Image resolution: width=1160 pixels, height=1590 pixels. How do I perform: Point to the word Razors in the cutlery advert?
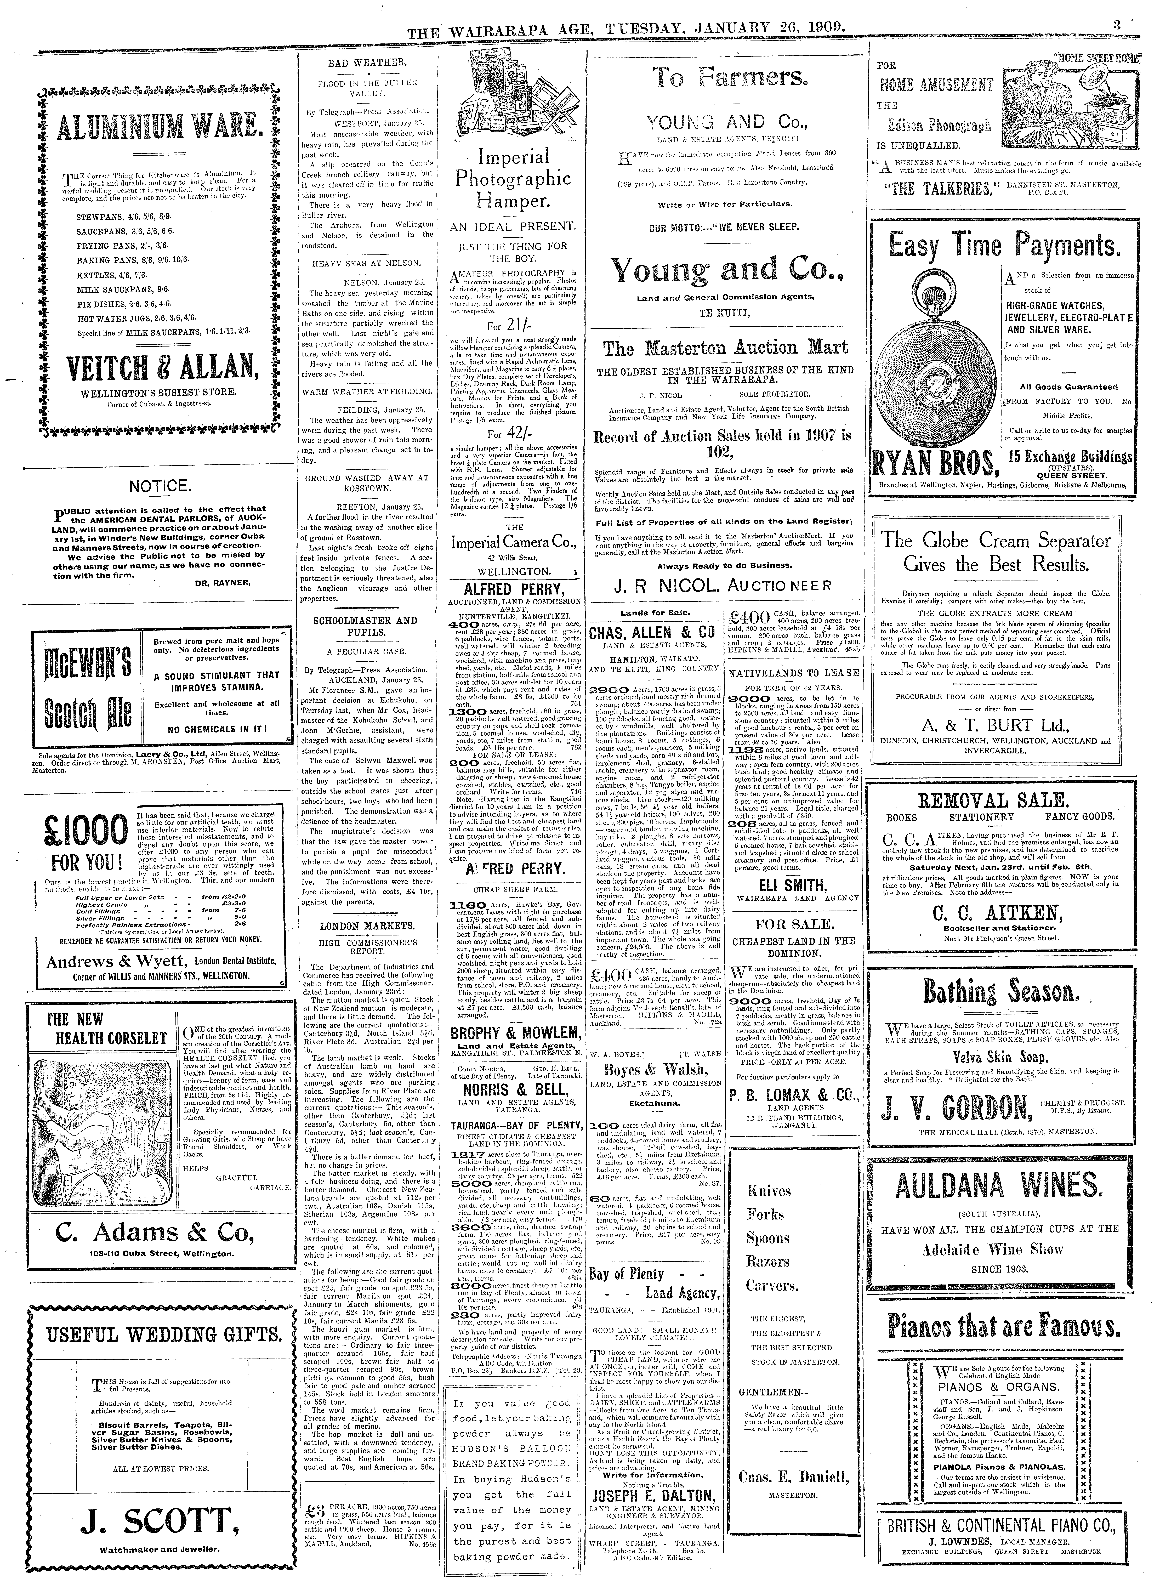click(769, 1261)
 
